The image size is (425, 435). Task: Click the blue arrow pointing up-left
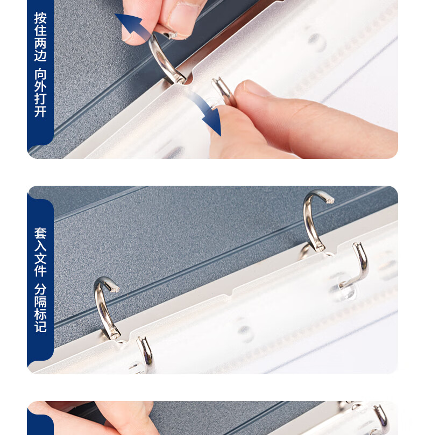(x=132, y=25)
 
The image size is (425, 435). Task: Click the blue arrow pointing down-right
(x=207, y=111)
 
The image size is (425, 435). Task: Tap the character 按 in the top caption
(x=40, y=18)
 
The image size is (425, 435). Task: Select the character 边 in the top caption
(x=40, y=55)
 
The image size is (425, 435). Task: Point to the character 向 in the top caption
(x=40, y=74)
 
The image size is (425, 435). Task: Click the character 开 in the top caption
(x=40, y=111)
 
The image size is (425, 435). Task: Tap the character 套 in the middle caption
(x=40, y=234)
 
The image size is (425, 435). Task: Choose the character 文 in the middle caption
(x=40, y=258)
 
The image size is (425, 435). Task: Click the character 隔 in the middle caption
(x=40, y=302)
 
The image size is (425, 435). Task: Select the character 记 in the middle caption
(x=40, y=327)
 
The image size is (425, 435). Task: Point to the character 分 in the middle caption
(x=40, y=289)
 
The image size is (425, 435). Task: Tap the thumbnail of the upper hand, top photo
(x=185, y=17)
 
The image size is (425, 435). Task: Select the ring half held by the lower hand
(x=224, y=90)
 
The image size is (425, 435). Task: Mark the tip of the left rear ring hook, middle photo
(x=115, y=289)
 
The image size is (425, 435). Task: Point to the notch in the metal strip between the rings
(x=231, y=293)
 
